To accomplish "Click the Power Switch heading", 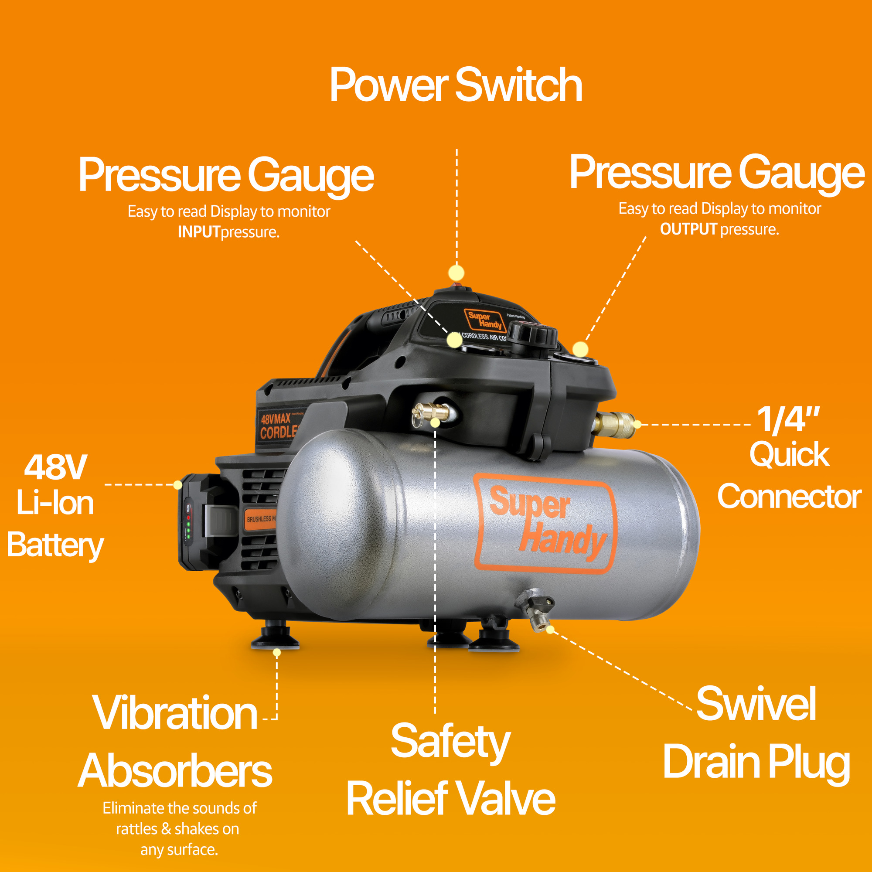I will pyautogui.click(x=456, y=85).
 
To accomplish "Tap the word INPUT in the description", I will pyautogui.click(x=198, y=232).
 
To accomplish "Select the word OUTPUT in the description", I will pyautogui.click(x=688, y=229).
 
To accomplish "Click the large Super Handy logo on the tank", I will pyautogui.click(x=546, y=524).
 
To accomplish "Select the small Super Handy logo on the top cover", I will pyautogui.click(x=484, y=320).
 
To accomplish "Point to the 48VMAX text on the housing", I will pyautogui.click(x=275, y=419).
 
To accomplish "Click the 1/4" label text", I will pyautogui.click(x=788, y=420).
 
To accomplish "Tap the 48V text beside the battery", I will pyautogui.click(x=55, y=467).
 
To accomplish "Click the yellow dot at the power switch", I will pyautogui.click(x=456, y=272).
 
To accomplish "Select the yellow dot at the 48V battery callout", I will pyautogui.click(x=178, y=485).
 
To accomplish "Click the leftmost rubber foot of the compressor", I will pyautogui.click(x=274, y=637).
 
